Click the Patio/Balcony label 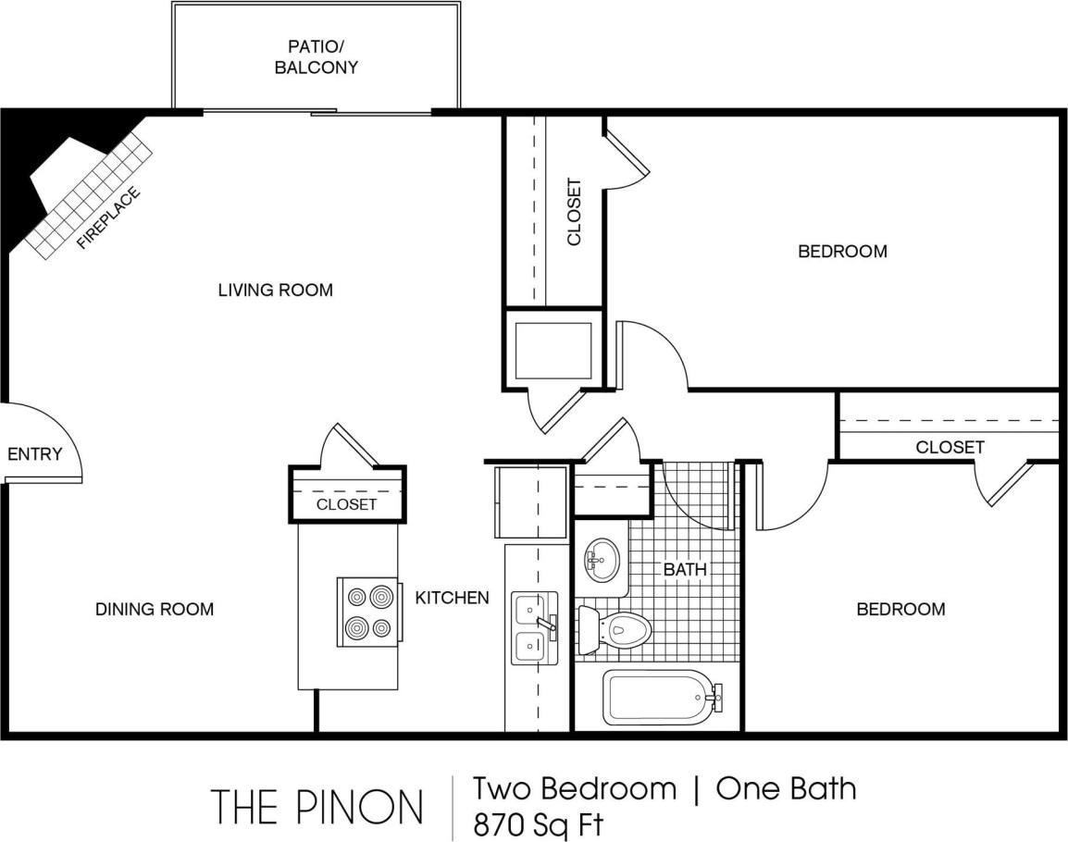click(316, 56)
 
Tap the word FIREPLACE click(109, 218)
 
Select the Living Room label click(275, 290)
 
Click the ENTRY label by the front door click(34, 454)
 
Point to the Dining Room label click(155, 609)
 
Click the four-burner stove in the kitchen click(368, 612)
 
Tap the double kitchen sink click(533, 627)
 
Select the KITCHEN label click(452, 598)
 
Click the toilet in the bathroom click(616, 630)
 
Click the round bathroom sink click(602, 560)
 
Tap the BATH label click(685, 570)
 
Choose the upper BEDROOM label click(842, 251)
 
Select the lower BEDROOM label click(900, 609)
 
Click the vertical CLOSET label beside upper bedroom click(575, 212)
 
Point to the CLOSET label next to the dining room click(346, 504)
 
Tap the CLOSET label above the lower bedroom click(950, 447)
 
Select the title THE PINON click(317, 806)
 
